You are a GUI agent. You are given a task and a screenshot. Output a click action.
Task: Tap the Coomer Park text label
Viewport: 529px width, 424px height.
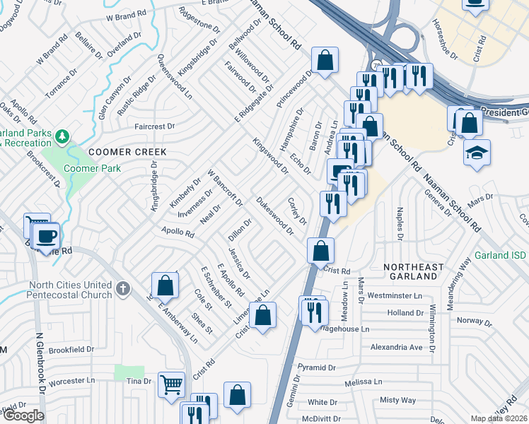click(x=92, y=168)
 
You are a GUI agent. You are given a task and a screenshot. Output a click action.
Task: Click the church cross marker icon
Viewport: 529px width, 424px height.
click(x=123, y=288)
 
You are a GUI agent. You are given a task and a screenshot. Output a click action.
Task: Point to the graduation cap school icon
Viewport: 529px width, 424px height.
click(x=477, y=152)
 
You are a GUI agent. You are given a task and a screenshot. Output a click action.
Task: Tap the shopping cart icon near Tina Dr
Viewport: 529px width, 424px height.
click(x=171, y=385)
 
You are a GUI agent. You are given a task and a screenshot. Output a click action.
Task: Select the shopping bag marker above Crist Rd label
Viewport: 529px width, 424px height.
click(x=320, y=249)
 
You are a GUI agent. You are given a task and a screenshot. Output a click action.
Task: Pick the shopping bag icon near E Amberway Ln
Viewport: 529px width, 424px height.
click(x=165, y=285)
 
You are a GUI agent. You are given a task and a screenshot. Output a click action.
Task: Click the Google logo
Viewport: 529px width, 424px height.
click(x=23, y=416)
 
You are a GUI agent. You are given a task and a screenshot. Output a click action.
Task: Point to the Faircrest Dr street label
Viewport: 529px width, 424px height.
click(x=154, y=126)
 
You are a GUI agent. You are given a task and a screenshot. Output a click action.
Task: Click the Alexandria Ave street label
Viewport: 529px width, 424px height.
click(x=396, y=347)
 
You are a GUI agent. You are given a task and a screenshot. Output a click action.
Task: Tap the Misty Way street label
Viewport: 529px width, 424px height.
click(x=397, y=400)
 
